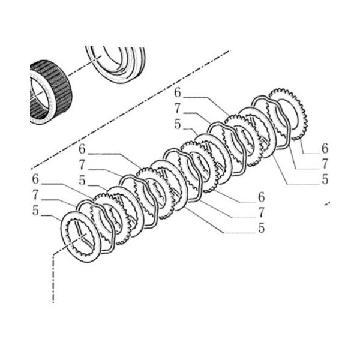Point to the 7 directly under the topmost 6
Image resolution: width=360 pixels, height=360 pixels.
[x=178, y=109]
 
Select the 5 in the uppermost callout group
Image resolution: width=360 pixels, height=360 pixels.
[x=178, y=124]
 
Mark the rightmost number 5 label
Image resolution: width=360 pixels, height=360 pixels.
[x=325, y=179]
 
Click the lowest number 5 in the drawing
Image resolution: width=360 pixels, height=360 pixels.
[x=261, y=229]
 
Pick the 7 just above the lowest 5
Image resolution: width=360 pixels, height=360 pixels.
[x=261, y=212]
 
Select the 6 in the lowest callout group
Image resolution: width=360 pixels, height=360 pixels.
[x=261, y=197]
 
